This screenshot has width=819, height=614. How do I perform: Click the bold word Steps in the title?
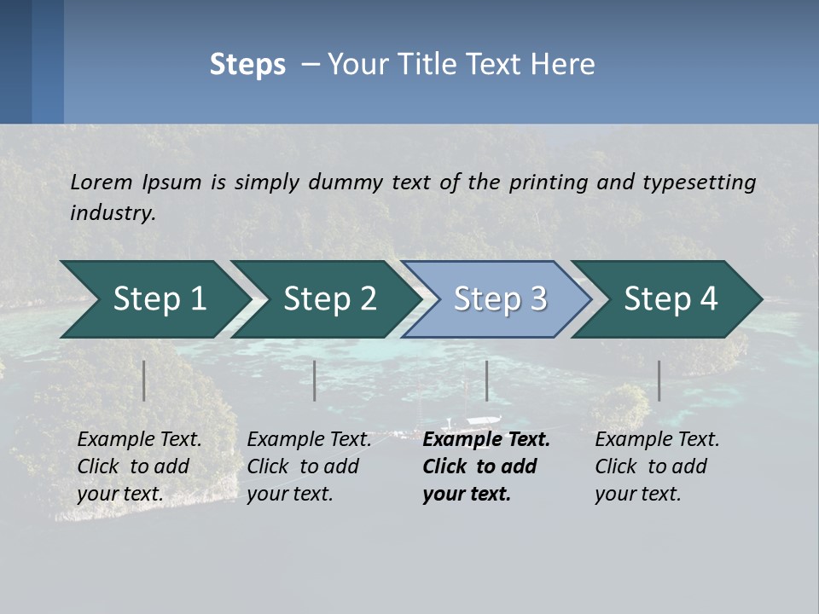[x=247, y=65]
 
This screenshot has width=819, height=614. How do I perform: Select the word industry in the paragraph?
[x=111, y=213]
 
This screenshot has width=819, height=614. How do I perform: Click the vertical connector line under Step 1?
[x=144, y=380]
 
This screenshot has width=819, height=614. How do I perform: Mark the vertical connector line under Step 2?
[x=315, y=380]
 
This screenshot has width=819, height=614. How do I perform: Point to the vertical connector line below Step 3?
[x=487, y=380]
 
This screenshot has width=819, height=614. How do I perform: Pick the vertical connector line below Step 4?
[x=659, y=380]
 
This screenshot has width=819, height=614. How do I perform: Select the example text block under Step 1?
[x=139, y=466]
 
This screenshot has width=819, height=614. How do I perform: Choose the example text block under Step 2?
[x=309, y=466]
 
